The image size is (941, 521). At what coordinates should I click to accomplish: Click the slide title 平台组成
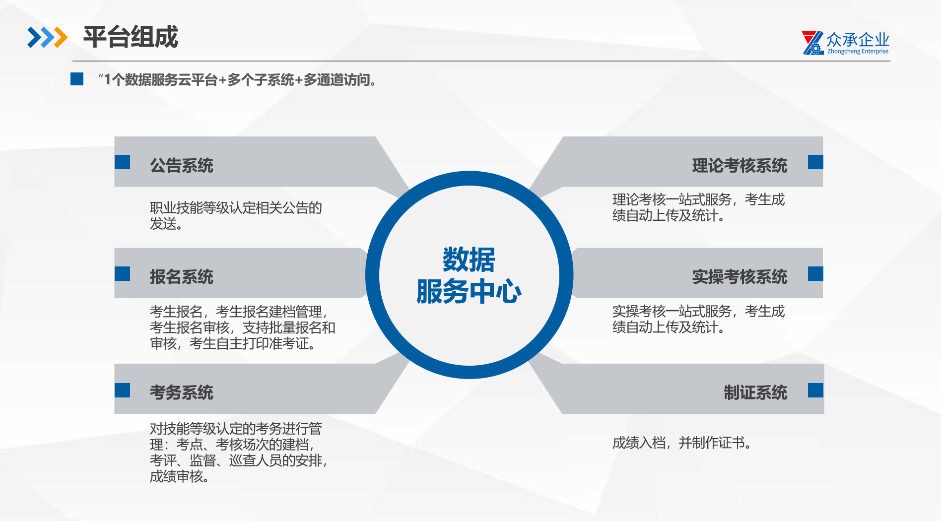[x=131, y=37]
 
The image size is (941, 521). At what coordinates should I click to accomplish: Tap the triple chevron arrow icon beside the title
[x=47, y=37]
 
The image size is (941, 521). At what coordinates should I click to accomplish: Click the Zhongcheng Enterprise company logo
[x=845, y=43]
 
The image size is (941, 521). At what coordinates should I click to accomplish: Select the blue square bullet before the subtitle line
[x=77, y=79]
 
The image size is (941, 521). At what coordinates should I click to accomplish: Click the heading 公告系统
[x=182, y=165]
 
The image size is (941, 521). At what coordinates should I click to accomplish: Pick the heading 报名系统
[x=182, y=276]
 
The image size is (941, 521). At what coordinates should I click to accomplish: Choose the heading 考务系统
[x=182, y=392]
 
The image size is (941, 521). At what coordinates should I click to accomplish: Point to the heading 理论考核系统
[x=739, y=165]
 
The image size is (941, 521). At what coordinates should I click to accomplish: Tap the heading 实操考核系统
[x=739, y=276]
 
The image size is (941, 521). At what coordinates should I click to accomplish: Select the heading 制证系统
[x=755, y=392]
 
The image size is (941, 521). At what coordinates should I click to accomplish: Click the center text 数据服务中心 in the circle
[x=469, y=275]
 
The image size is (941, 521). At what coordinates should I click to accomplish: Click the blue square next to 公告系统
[x=122, y=162]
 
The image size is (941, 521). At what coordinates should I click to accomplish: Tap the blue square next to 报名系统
[x=122, y=274]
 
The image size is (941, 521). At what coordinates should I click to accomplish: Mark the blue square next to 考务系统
[x=122, y=391]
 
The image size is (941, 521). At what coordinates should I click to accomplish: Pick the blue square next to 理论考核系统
[x=815, y=162]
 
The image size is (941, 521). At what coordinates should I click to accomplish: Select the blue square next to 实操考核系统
[x=815, y=274]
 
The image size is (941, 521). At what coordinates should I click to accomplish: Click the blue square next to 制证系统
[x=815, y=391]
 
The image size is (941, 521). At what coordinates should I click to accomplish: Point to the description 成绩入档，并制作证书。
[x=682, y=443]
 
